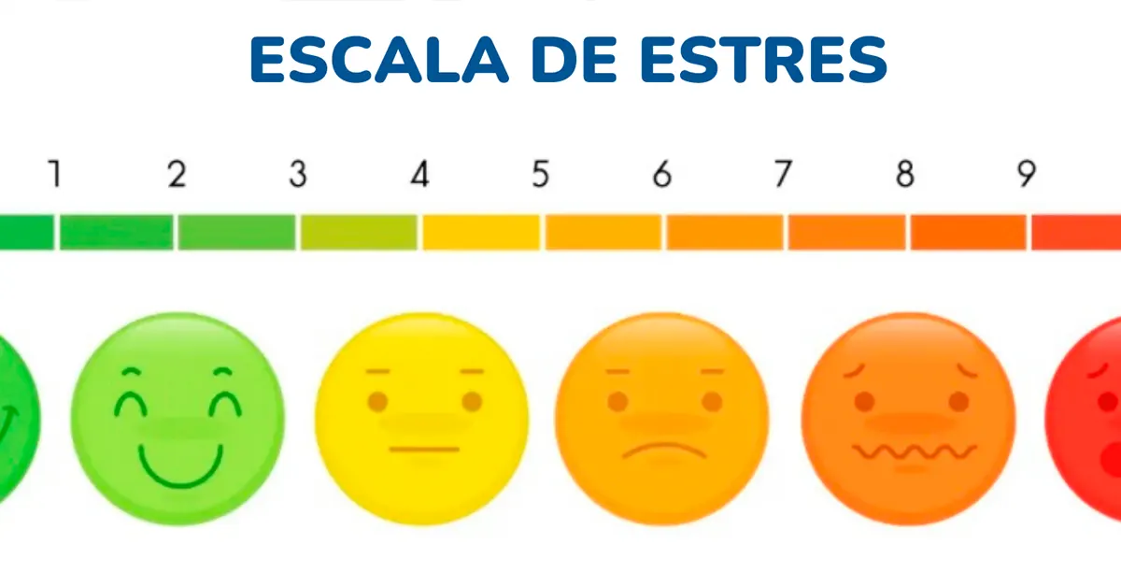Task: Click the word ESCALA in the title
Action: pyautogui.click(x=378, y=60)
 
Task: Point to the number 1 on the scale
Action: pyautogui.click(x=55, y=174)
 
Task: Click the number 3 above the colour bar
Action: pyautogui.click(x=297, y=174)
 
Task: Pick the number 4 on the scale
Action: pyautogui.click(x=419, y=174)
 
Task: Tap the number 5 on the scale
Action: pyautogui.click(x=540, y=174)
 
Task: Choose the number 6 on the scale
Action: pyautogui.click(x=661, y=174)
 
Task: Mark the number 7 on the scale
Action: pyautogui.click(x=782, y=174)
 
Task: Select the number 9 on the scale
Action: pyautogui.click(x=1026, y=174)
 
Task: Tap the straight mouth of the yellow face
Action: pyautogui.click(x=424, y=450)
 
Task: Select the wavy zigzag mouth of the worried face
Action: pyautogui.click(x=914, y=452)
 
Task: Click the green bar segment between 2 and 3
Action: pyautogui.click(x=237, y=232)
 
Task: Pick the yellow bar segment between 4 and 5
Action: pyautogui.click(x=481, y=232)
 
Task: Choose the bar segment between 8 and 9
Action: pyautogui.click(x=968, y=232)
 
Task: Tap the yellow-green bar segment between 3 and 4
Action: pyautogui.click(x=359, y=232)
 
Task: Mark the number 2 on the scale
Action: pyautogui.click(x=177, y=174)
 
